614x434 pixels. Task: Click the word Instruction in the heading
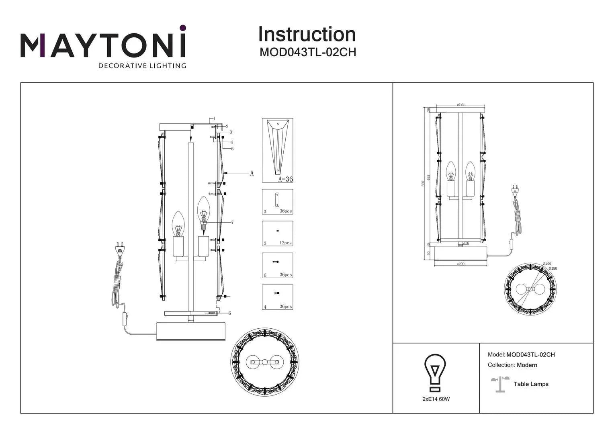pyautogui.click(x=307, y=35)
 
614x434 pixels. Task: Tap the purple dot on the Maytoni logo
pyautogui.click(x=182, y=28)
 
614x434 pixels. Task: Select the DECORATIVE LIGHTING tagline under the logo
pyautogui.click(x=142, y=66)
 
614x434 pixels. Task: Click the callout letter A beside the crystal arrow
pyautogui.click(x=252, y=173)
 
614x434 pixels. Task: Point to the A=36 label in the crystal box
pyautogui.click(x=285, y=179)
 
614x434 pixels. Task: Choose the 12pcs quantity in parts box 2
pyautogui.click(x=285, y=243)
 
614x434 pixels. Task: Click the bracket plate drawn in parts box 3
pyautogui.click(x=277, y=199)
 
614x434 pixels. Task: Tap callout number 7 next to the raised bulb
pyautogui.click(x=232, y=223)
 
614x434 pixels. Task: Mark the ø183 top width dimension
pyautogui.click(x=460, y=104)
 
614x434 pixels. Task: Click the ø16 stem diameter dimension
pyautogui.click(x=466, y=243)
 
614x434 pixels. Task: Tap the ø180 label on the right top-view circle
pyautogui.click(x=553, y=268)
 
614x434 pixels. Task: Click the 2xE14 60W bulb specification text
pyautogui.click(x=436, y=399)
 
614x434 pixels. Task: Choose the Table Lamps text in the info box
pyautogui.click(x=530, y=384)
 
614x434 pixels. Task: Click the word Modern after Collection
pyautogui.click(x=527, y=365)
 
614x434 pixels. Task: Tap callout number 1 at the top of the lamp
pyautogui.click(x=214, y=119)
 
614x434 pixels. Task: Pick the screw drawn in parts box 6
pyautogui.click(x=276, y=262)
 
